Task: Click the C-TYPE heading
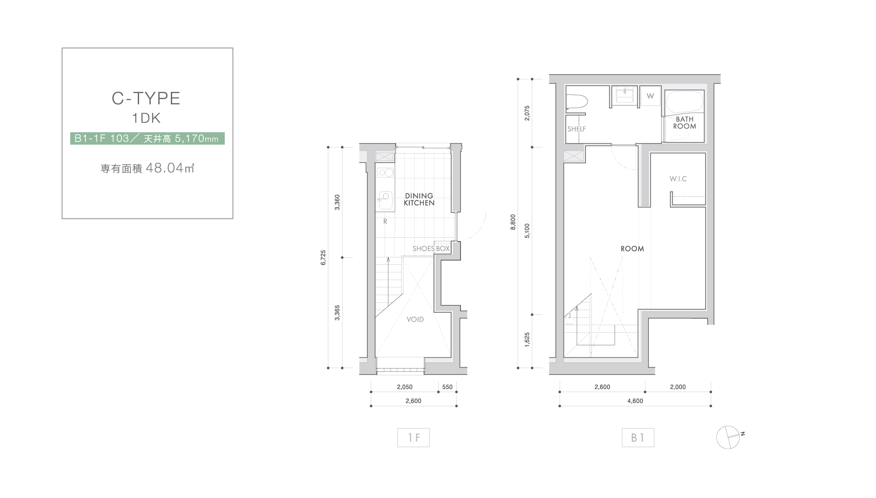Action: coord(146,98)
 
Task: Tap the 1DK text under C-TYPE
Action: coord(146,118)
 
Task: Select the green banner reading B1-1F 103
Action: coord(147,138)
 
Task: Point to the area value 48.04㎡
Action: coord(170,168)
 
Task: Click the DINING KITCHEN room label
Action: coord(419,199)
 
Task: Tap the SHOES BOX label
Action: coord(431,248)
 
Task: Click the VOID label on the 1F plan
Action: coord(415,319)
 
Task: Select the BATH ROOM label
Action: coord(685,123)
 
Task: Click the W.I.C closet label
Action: coord(678,178)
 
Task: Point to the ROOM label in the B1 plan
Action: coord(632,248)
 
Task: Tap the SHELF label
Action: coord(576,129)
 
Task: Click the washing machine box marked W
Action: coord(651,96)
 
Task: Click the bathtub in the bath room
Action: coord(685,102)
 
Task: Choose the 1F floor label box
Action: coord(413,438)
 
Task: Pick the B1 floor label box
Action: coord(638,438)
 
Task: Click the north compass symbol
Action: coord(728,437)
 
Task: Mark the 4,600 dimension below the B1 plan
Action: coord(635,401)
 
